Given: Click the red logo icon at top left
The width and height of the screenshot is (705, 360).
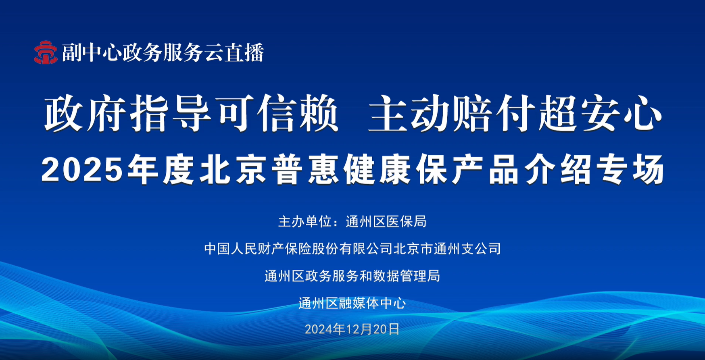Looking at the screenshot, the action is [x=46, y=52].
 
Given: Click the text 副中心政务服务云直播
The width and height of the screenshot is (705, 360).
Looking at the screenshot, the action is [x=163, y=52].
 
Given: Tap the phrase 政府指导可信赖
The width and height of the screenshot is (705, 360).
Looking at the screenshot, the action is [x=191, y=114].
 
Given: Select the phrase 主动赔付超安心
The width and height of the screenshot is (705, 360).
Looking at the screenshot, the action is [x=515, y=114].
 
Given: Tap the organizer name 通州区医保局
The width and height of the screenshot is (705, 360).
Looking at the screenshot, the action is [x=386, y=221].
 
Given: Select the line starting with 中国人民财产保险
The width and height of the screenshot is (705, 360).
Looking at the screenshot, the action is [x=352, y=248].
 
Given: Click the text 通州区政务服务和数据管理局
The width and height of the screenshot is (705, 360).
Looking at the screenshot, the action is [x=352, y=276].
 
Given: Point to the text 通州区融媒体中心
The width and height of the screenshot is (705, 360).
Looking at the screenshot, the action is [x=352, y=303].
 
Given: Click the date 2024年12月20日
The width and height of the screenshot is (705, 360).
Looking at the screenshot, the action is [x=352, y=329].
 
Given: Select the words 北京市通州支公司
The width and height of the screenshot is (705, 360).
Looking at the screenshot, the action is [x=447, y=248].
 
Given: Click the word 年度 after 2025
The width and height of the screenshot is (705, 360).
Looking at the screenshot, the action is [x=161, y=170].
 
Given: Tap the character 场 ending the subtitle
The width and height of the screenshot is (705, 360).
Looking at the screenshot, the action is [x=648, y=170].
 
